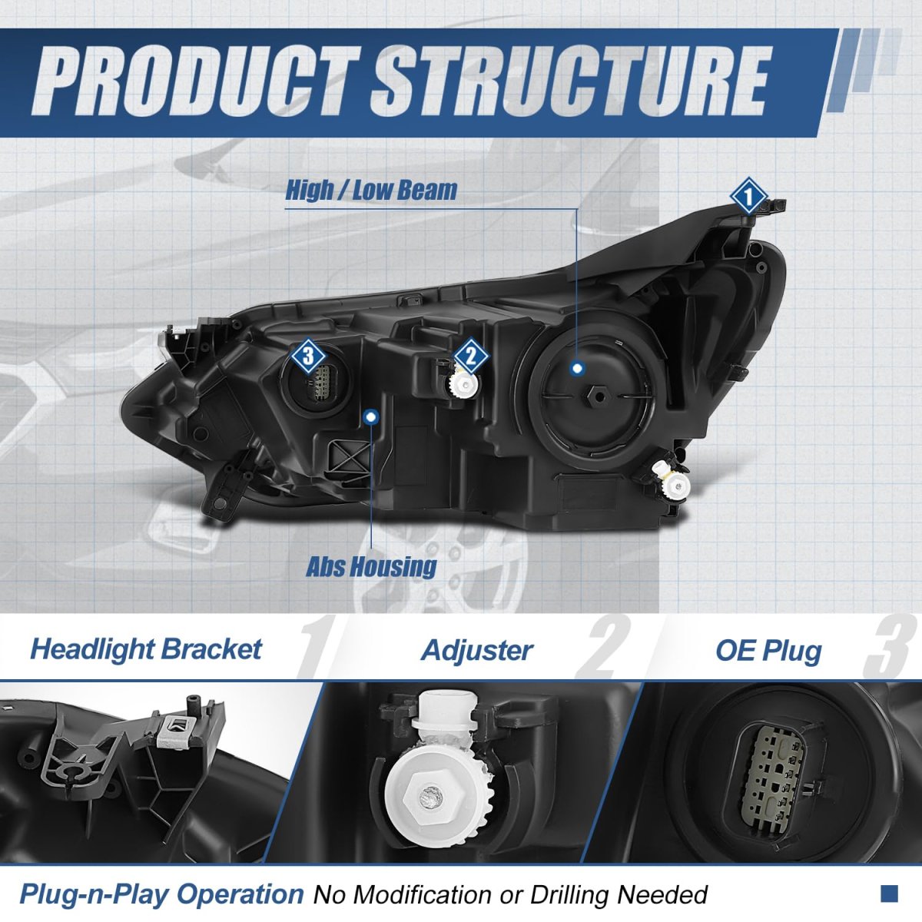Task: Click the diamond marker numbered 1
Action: (x=748, y=196)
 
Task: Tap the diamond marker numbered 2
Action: (x=471, y=356)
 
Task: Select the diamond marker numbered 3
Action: (x=308, y=356)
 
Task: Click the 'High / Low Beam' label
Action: (x=371, y=190)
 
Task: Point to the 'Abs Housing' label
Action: (x=371, y=567)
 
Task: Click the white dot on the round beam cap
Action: (x=578, y=369)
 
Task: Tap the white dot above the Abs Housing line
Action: (x=371, y=417)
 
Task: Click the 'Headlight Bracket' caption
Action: (x=146, y=650)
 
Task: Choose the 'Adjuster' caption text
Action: (x=477, y=650)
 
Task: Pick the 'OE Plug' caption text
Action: (x=768, y=652)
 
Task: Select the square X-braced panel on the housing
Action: (x=350, y=459)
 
